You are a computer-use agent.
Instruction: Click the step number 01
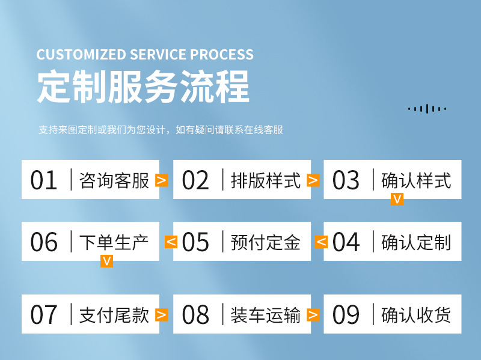point(44,180)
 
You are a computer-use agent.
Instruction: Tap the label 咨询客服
point(114,180)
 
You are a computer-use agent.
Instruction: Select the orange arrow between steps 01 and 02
point(161,180)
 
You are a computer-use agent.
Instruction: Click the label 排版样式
point(266,180)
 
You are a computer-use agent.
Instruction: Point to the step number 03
point(346,180)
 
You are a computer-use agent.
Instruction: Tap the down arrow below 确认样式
point(397,200)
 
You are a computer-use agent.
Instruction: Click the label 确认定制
point(416,242)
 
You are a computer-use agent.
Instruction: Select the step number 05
point(195,242)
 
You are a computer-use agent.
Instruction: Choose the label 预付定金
point(266,242)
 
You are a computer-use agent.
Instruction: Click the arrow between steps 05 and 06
point(171,242)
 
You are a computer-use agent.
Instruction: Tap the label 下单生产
point(114,242)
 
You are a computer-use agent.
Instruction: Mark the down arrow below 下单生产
point(106,261)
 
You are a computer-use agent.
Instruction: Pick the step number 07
point(44,314)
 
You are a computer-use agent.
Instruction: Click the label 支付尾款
point(114,314)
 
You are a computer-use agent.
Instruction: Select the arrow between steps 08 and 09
point(313,314)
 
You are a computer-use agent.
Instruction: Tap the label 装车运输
point(266,314)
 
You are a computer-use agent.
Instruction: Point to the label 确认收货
point(416,314)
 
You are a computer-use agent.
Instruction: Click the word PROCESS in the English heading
point(222,55)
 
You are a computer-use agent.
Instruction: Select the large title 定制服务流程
point(143,88)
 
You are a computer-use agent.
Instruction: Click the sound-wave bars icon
point(427,109)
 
